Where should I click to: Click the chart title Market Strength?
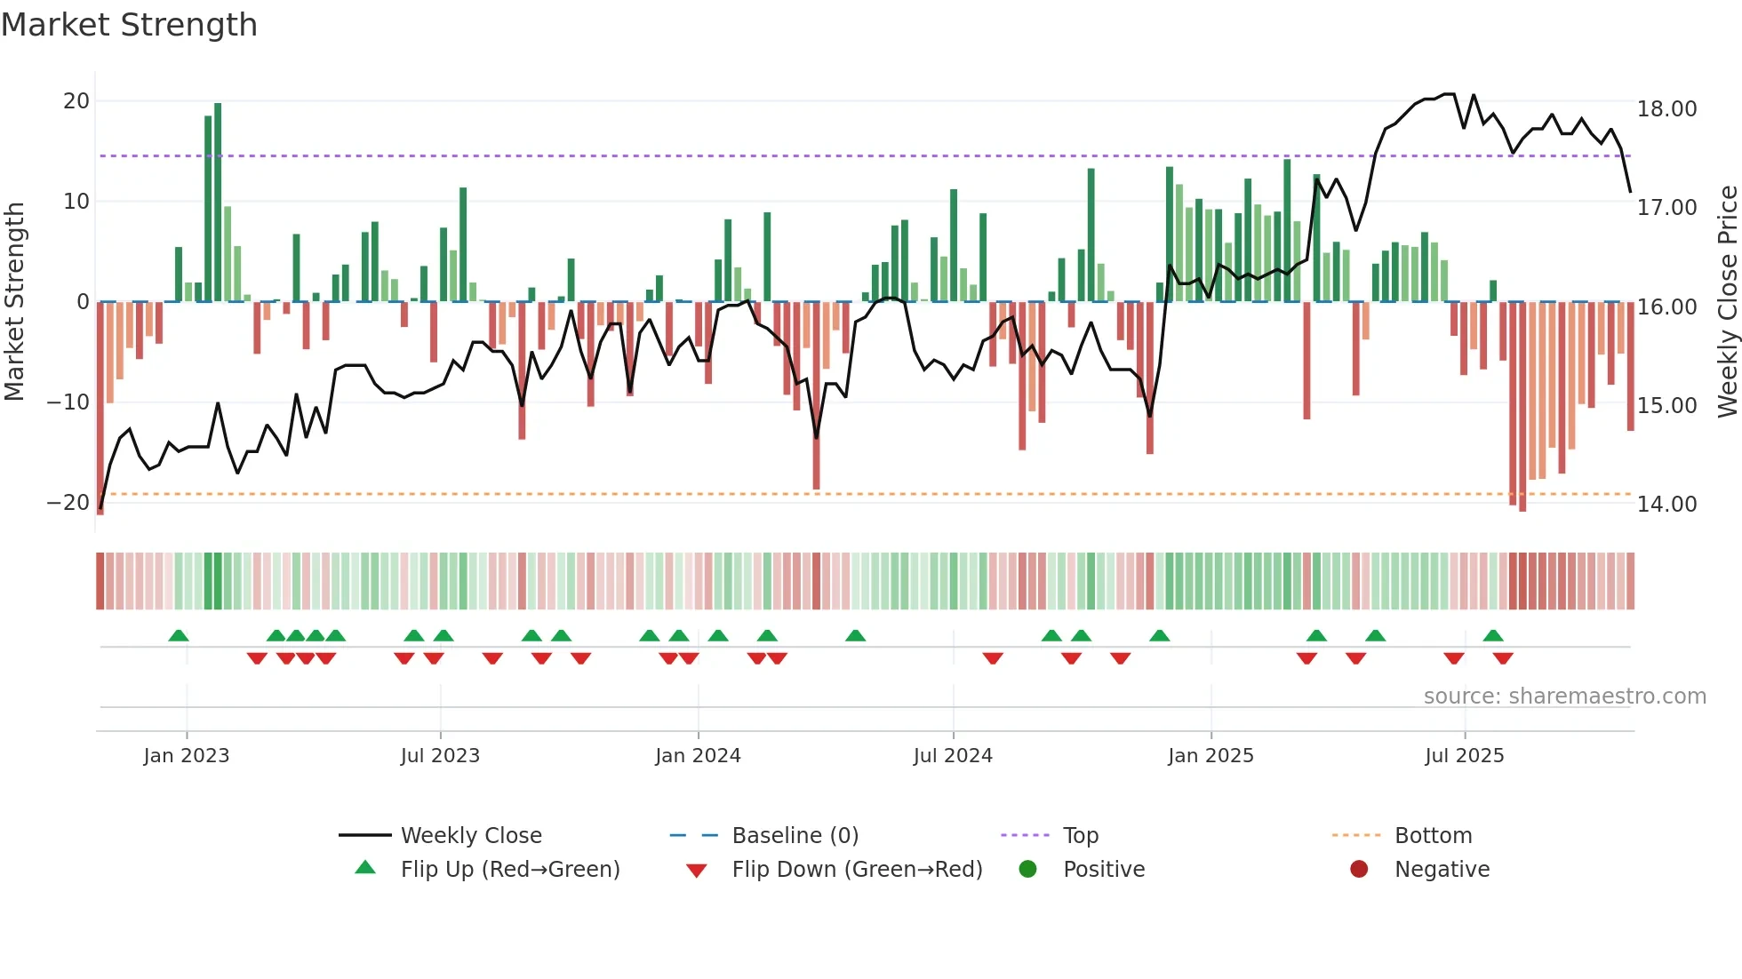129,25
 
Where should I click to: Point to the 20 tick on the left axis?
76,101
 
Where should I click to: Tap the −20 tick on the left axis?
68,503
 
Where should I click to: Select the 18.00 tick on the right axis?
1666,109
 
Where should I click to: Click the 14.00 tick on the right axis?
1666,505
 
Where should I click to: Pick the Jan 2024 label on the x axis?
698,756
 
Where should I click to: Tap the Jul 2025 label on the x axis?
1464,756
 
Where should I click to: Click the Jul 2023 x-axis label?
440,756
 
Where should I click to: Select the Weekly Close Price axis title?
1727,302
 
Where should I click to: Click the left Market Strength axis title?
14,302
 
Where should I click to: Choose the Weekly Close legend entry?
471,836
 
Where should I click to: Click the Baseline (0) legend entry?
795,836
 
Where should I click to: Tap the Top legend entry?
1081,836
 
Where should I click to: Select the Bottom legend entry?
1433,836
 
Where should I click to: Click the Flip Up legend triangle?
365,868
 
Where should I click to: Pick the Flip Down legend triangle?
697,871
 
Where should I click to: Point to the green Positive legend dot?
1028,869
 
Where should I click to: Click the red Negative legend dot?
1359,869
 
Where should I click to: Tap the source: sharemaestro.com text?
1564,696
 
